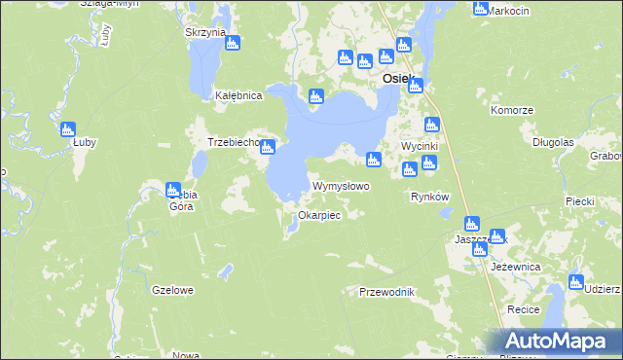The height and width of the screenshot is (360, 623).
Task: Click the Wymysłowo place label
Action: pos(340,186)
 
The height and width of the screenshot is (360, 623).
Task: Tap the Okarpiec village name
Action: pos(318,215)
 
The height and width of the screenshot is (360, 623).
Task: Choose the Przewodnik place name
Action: pos(386,292)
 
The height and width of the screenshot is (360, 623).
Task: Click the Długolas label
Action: pos(553,141)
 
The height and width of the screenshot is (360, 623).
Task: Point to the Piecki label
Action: pos(579,201)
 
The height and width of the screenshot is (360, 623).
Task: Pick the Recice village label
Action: pos(524,308)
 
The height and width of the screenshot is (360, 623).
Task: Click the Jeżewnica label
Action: pos(516,266)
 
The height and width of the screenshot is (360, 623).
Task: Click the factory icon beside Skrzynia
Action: pos(233,43)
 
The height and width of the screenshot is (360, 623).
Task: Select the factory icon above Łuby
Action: pos(68,129)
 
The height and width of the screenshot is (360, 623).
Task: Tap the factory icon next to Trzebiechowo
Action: pos(268,147)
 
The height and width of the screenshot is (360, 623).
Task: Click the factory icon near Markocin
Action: pos(480,9)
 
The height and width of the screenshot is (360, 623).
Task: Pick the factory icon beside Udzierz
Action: pos(574,283)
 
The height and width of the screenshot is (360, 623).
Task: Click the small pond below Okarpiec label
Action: pos(292,229)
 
